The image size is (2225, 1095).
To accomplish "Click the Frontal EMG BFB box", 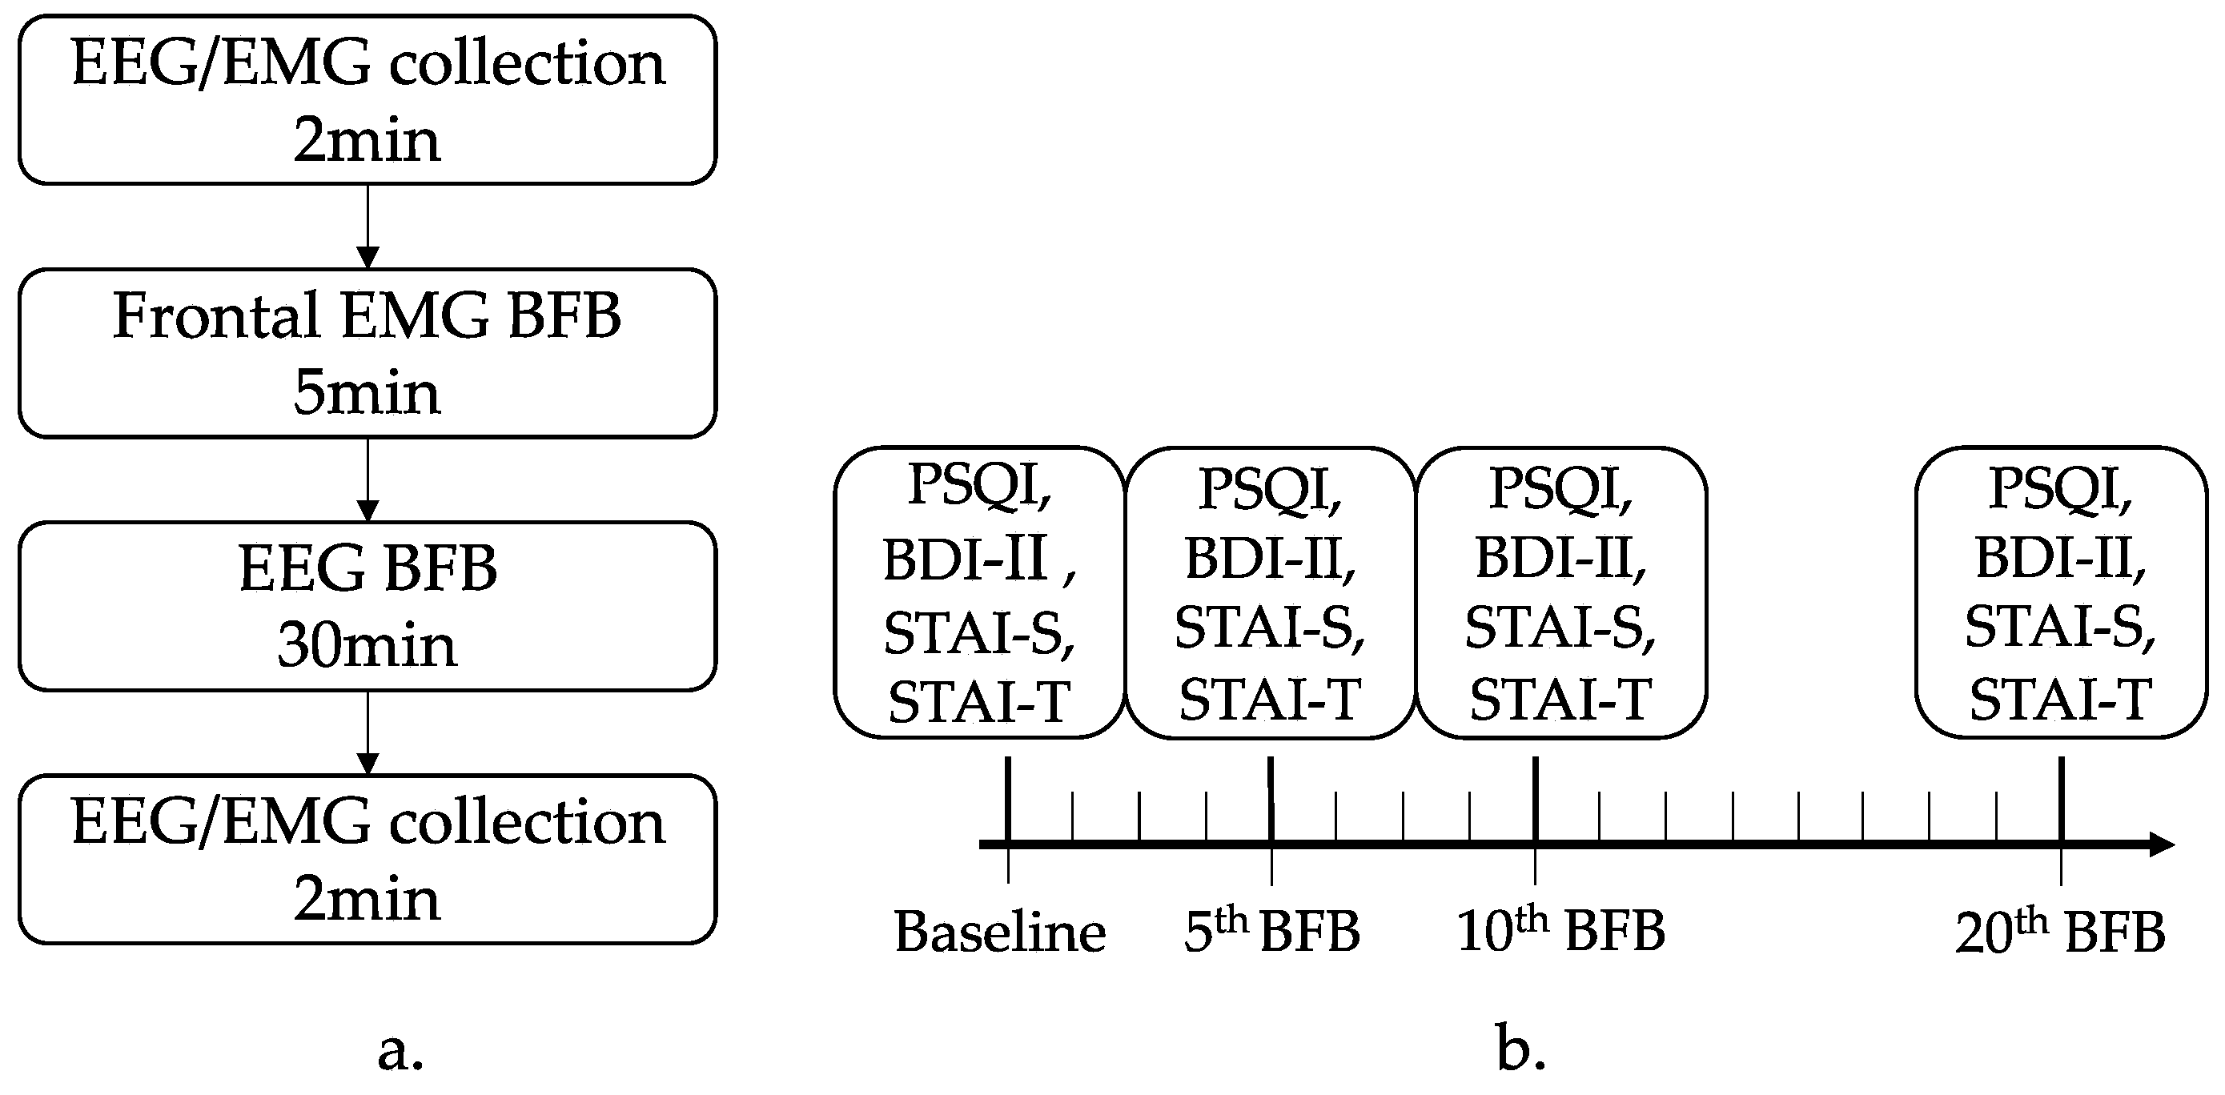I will tap(367, 352).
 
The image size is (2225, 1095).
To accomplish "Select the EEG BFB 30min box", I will tap(367, 605).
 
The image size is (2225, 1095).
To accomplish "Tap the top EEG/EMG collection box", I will tap(367, 99).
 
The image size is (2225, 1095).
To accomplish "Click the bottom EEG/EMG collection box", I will tap(367, 858).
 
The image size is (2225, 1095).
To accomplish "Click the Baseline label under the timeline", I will tap(999, 932).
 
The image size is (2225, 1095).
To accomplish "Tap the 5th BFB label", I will tap(1271, 931).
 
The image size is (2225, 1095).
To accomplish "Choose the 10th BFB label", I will tap(1560, 931).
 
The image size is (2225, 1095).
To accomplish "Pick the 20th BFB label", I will tap(2059, 931).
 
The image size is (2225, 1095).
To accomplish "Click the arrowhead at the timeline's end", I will tap(2159, 844).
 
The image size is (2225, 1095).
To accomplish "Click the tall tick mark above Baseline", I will tap(1008, 799).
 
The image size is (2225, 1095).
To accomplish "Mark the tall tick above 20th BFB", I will tap(2062, 799).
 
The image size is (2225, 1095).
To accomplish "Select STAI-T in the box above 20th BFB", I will tap(2060, 700).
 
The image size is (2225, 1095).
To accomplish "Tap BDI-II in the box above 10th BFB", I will tap(1560, 558).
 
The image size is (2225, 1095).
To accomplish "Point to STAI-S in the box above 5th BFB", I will tap(1270, 628).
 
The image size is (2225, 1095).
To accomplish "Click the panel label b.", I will tap(1520, 1049).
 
